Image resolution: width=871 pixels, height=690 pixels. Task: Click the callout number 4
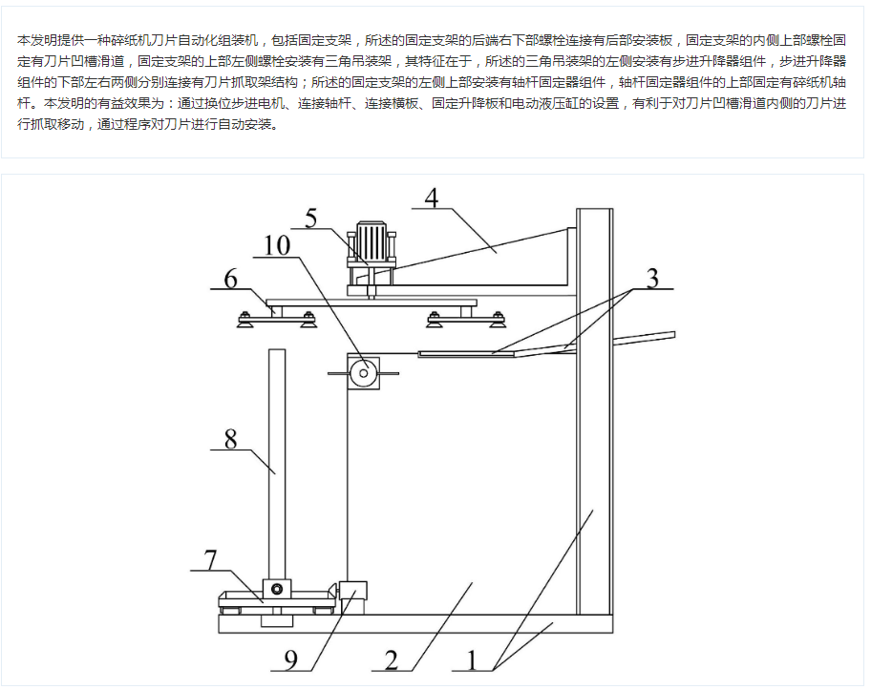pos(431,198)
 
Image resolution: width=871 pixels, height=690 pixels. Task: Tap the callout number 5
pos(310,218)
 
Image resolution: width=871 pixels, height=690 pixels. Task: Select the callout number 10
pos(277,245)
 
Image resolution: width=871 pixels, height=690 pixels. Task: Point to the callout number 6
pos(230,279)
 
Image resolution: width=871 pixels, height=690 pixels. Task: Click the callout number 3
pos(652,279)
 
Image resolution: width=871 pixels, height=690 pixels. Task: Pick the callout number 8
pos(230,439)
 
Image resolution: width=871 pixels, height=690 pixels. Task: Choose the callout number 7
pos(211,559)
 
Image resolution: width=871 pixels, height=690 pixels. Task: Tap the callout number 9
pos(291,659)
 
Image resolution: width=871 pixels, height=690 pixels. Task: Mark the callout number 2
pos(391,659)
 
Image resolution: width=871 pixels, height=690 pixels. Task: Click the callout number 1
pos(470,659)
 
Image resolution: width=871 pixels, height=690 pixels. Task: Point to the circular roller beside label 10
pos(363,373)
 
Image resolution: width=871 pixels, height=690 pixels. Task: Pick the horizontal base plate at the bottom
pos(411,624)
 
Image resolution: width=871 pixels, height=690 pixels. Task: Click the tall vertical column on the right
pos(594,410)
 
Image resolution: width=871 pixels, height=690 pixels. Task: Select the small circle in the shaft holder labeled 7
pos(278,587)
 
